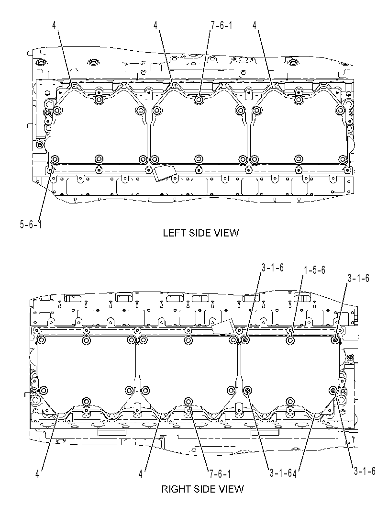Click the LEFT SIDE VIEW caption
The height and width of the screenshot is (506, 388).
point(200,233)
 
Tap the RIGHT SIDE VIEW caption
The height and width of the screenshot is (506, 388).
point(202,489)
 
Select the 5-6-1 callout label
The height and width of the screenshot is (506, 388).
point(31,225)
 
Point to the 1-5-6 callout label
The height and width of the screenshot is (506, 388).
point(314,270)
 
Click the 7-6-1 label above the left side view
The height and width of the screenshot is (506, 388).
point(221,25)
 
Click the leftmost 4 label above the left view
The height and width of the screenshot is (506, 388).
point(54,25)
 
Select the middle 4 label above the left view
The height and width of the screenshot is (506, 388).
point(156,25)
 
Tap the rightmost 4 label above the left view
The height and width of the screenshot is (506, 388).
point(255,25)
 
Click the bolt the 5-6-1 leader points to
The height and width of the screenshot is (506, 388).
point(55,159)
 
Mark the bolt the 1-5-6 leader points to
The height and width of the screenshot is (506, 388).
point(290,340)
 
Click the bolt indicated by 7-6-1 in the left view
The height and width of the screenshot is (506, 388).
point(199,100)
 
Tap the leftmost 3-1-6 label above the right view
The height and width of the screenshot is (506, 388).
point(273,268)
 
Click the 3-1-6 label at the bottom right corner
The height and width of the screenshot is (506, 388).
point(365,471)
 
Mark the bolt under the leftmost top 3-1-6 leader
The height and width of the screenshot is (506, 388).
point(245,340)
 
